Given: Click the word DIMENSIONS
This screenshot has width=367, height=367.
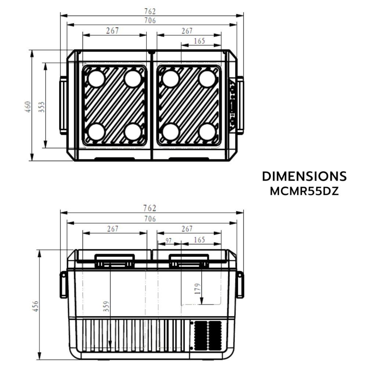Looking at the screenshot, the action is tap(304, 176).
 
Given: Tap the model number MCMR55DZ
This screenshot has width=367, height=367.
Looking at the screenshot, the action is tap(304, 191).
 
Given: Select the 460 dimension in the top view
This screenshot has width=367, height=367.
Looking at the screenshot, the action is tap(28, 107).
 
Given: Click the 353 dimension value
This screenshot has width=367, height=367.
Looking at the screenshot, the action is tap(41, 107).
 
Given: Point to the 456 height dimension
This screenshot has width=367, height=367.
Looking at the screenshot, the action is tap(36, 306).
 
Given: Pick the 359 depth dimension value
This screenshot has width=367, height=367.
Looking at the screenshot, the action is tap(106, 306).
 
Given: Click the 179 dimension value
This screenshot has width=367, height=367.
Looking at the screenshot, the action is tap(198, 288).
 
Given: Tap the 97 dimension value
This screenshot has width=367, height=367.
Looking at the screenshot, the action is tap(168, 240).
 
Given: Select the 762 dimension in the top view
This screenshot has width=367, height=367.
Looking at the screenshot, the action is tap(150, 11).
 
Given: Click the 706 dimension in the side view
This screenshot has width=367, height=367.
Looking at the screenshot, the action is tap(150, 219).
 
